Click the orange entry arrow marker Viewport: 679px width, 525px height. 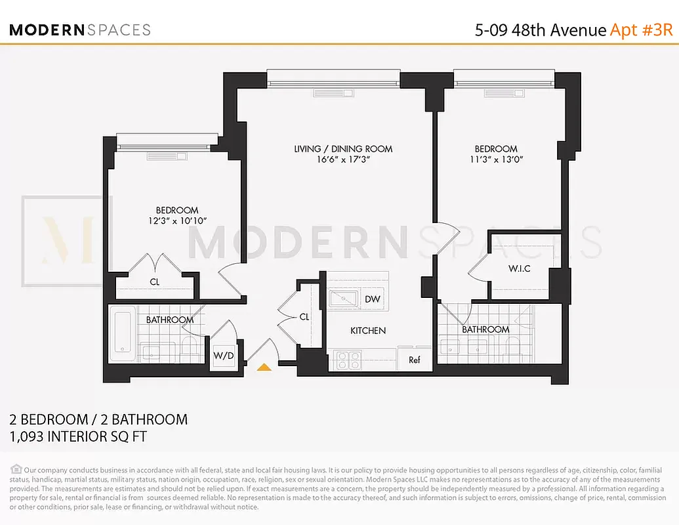point(264,368)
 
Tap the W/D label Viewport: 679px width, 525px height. point(223,356)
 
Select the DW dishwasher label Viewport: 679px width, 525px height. point(372,299)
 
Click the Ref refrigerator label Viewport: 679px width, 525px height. point(414,360)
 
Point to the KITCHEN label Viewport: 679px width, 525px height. point(367,331)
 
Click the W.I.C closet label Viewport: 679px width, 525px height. point(519,269)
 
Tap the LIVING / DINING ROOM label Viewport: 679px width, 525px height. point(343,149)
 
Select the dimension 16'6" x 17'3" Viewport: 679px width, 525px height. point(343,159)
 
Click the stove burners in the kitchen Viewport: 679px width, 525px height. point(348,360)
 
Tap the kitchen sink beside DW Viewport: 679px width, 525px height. point(343,299)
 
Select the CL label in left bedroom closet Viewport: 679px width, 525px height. point(154,282)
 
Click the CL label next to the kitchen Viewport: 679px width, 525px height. point(304,317)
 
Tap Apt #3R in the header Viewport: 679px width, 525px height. point(642,30)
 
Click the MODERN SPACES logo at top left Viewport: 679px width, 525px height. point(79,30)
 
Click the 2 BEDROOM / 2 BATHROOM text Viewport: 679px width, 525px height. point(98,419)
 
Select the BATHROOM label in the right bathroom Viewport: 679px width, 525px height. point(485,329)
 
